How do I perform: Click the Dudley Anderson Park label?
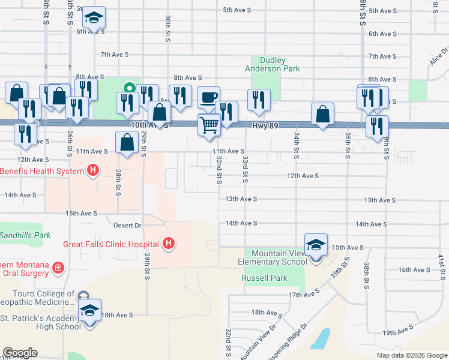click(272, 64)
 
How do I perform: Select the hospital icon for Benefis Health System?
click(92, 171)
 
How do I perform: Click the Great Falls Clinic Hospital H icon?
click(169, 244)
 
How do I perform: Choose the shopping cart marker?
click(209, 125)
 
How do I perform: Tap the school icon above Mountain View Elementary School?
click(316, 245)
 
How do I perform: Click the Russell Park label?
click(264, 278)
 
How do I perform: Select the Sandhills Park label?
click(25, 235)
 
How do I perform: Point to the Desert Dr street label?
click(127, 226)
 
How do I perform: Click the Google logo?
click(20, 353)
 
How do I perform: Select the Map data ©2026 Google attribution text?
click(412, 355)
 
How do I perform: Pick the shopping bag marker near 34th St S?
click(323, 113)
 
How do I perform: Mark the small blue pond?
click(322, 339)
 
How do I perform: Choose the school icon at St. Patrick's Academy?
click(89, 310)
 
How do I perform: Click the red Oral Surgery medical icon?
click(58, 267)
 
